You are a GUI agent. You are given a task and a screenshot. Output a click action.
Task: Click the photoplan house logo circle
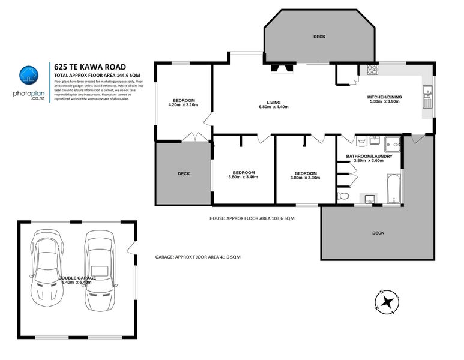click(26, 75)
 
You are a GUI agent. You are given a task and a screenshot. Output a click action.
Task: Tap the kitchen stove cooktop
click(372, 70)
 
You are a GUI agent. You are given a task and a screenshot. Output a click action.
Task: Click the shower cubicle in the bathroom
click(392, 144)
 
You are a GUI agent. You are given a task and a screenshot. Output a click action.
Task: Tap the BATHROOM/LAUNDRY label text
click(369, 156)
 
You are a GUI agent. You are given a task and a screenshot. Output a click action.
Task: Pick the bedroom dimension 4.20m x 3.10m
click(184, 105)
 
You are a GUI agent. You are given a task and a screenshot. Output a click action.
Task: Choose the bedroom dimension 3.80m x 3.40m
click(244, 177)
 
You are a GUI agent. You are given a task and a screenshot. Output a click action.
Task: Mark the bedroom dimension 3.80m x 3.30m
click(306, 177)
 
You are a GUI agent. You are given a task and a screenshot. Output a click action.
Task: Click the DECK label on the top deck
click(319, 37)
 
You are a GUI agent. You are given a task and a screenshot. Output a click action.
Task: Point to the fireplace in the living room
click(280, 67)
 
